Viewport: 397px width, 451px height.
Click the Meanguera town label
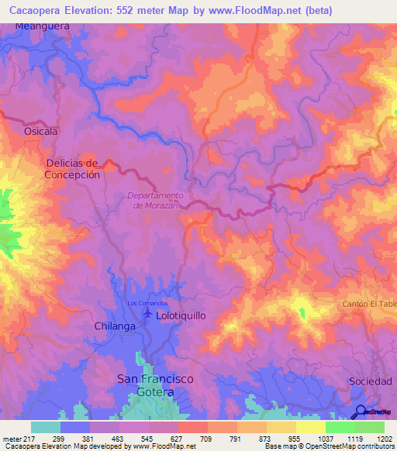[43, 26]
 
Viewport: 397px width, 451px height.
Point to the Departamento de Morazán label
[155, 200]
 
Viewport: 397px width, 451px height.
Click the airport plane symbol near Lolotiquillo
[149, 313]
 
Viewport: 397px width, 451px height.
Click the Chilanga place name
[115, 326]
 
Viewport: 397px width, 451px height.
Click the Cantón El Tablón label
[369, 304]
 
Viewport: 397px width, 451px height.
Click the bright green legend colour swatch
[340, 427]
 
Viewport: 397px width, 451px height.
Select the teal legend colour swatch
[46, 427]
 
